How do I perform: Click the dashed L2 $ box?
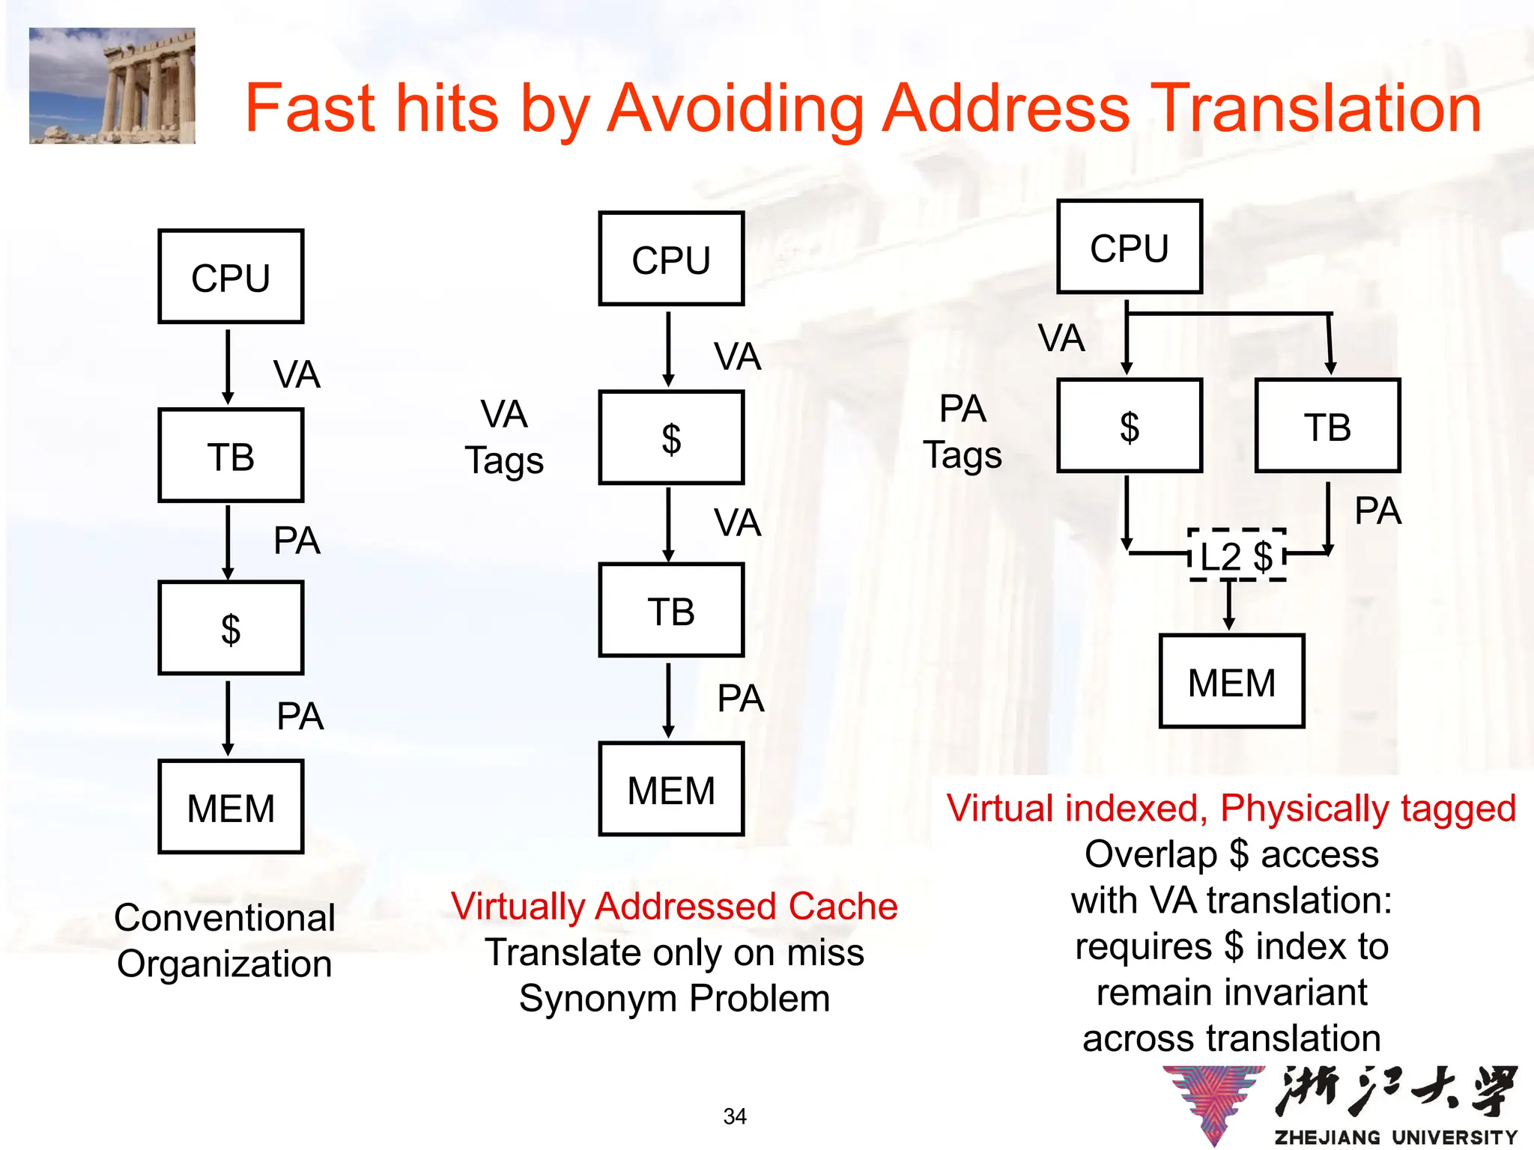point(1237,556)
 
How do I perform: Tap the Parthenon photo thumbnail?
point(112,85)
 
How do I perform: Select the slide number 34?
point(735,1116)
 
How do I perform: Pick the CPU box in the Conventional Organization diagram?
point(231,276)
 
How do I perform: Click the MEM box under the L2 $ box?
point(1231,681)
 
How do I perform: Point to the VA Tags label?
point(504,437)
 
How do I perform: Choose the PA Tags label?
point(962,432)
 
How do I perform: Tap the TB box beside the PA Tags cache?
point(1327,426)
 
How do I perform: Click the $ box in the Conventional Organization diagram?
point(231,628)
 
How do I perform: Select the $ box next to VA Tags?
point(671,437)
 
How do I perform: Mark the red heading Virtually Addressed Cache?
point(674,906)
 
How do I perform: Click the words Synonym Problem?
point(674,999)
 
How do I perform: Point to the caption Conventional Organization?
point(225,940)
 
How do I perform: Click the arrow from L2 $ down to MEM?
point(1229,606)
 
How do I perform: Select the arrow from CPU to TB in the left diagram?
point(228,366)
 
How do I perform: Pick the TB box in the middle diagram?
point(671,610)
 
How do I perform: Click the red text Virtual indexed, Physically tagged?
point(1231,809)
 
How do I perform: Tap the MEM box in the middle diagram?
point(671,789)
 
